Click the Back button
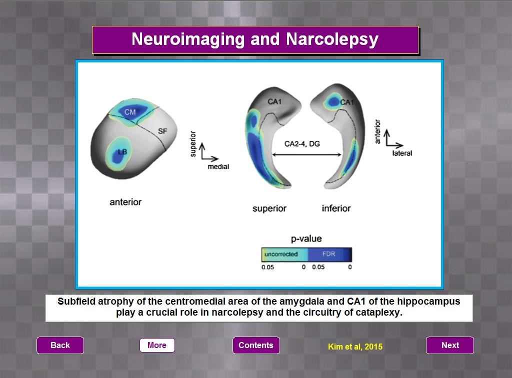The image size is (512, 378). [x=60, y=345]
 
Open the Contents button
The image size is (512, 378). [x=256, y=345]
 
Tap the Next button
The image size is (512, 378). [x=450, y=345]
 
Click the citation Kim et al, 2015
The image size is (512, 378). [x=355, y=347]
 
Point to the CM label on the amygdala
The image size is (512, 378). [x=130, y=112]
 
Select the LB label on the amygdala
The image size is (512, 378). [x=122, y=152]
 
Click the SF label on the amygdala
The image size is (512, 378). [x=162, y=131]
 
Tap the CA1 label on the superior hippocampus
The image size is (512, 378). [x=274, y=102]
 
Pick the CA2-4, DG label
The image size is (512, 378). [x=302, y=144]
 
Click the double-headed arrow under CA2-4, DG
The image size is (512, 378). [x=306, y=155]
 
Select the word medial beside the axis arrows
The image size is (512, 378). [x=218, y=167]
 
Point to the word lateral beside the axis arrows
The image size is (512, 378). [x=402, y=153]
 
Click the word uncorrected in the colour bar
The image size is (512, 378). [x=281, y=254]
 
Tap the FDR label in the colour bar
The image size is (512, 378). [x=328, y=254]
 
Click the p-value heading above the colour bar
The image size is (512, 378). [x=306, y=239]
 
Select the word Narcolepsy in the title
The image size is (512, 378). [x=332, y=39]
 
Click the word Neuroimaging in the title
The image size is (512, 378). [x=188, y=39]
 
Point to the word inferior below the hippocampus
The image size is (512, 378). [x=336, y=208]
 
